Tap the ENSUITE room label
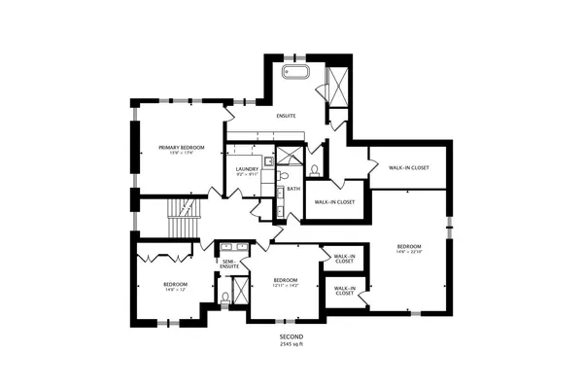[287, 116]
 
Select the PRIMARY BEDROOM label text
[182, 147]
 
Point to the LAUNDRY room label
[247, 169]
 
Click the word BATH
[293, 189]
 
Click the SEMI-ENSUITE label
[230, 263]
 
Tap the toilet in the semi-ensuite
[225, 298]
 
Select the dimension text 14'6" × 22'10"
[408, 253]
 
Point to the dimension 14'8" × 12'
[175, 290]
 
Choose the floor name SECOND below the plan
[291, 337]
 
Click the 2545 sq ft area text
[291, 344]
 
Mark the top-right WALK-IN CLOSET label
[409, 167]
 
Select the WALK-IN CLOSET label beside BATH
[333, 202]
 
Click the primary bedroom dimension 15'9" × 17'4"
[182, 153]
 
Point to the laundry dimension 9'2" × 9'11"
[247, 175]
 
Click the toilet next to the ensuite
[315, 170]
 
